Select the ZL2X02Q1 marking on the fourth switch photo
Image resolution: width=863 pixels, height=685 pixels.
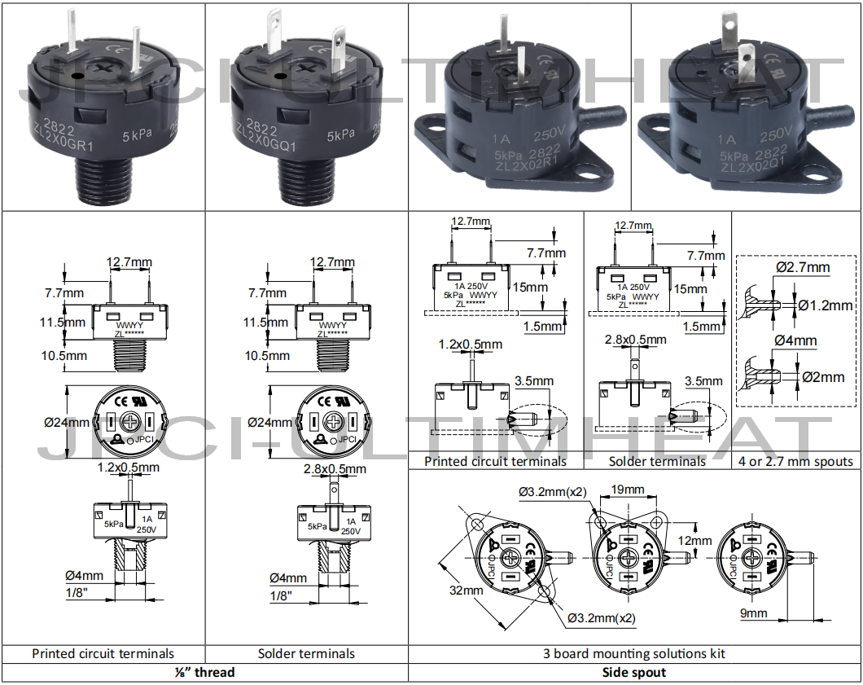coord(749,166)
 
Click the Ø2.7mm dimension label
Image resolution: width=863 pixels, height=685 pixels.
coord(803,267)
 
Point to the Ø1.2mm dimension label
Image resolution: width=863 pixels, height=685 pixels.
coord(825,305)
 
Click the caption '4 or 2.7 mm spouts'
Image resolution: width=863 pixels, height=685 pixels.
coord(795,461)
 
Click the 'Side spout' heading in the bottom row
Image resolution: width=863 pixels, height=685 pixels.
coord(634,672)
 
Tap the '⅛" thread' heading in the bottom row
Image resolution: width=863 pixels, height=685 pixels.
coord(204,672)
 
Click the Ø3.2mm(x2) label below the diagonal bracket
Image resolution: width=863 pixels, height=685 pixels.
coord(601,618)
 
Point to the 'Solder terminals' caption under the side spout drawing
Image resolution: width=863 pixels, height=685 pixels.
coord(657,461)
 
